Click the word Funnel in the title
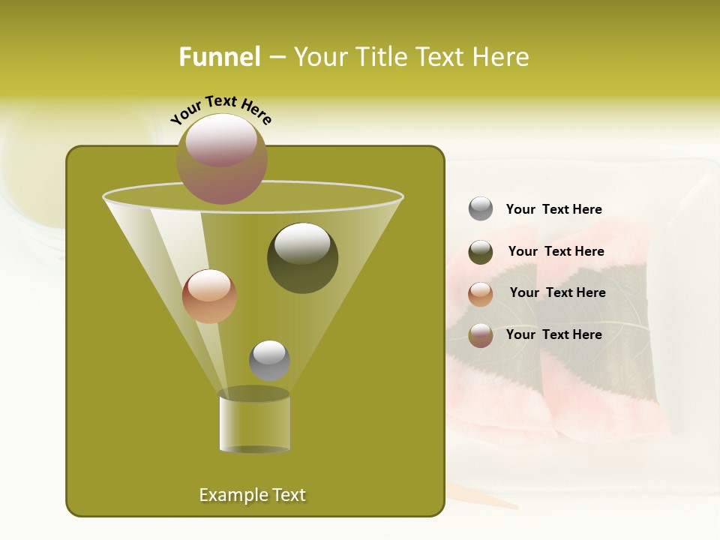tap(220, 57)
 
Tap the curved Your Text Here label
tap(221, 109)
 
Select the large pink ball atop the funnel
tap(222, 158)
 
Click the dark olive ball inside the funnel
tap(303, 258)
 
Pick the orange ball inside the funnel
tap(209, 296)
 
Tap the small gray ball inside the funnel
tap(269, 360)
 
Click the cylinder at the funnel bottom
tap(255, 421)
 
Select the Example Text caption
tap(253, 495)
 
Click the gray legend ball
tap(481, 209)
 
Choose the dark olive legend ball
tap(481, 252)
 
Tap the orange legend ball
tap(481, 294)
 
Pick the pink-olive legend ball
tap(481, 335)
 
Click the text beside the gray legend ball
tap(554, 209)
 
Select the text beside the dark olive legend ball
tap(556, 251)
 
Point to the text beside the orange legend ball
tap(557, 292)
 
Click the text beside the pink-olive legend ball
tap(554, 334)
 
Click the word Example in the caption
tap(226, 495)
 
